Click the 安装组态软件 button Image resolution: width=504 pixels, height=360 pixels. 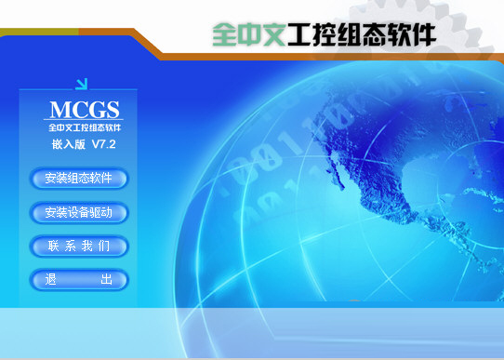pos(78,178)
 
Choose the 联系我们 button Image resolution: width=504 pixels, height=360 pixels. pos(78,247)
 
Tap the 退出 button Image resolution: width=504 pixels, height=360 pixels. pos(78,280)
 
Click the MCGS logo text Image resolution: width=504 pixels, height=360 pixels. pos(85,107)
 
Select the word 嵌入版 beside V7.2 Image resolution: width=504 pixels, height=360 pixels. pos(68,145)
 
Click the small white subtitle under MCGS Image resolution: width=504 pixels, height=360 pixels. pos(85,126)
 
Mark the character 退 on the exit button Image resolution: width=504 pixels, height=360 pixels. pos(51,280)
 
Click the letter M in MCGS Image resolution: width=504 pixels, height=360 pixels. pos(58,107)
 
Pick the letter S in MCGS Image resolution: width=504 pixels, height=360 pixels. pos(112,107)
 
